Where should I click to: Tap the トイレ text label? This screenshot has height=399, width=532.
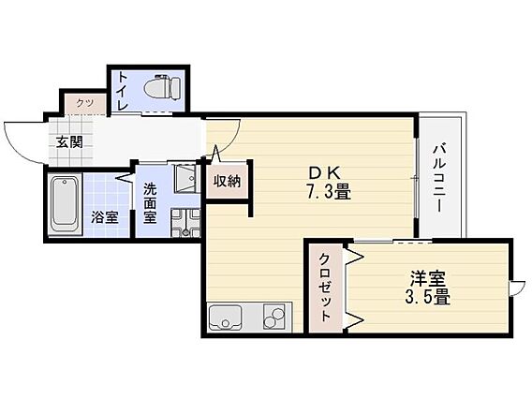[x=124, y=93]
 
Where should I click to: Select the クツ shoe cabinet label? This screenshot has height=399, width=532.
[x=84, y=103]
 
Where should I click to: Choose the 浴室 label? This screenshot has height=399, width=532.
[x=104, y=217]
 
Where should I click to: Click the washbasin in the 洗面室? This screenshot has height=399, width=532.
[x=183, y=178]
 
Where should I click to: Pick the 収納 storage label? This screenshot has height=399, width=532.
[x=226, y=181]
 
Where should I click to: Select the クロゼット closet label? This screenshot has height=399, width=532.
[x=324, y=288]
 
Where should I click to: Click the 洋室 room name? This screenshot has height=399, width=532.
[x=426, y=279]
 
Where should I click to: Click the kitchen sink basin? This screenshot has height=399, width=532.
[x=225, y=319]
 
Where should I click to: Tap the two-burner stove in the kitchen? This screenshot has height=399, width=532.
[x=273, y=319]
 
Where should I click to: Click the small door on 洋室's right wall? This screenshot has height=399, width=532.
[x=517, y=288]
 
